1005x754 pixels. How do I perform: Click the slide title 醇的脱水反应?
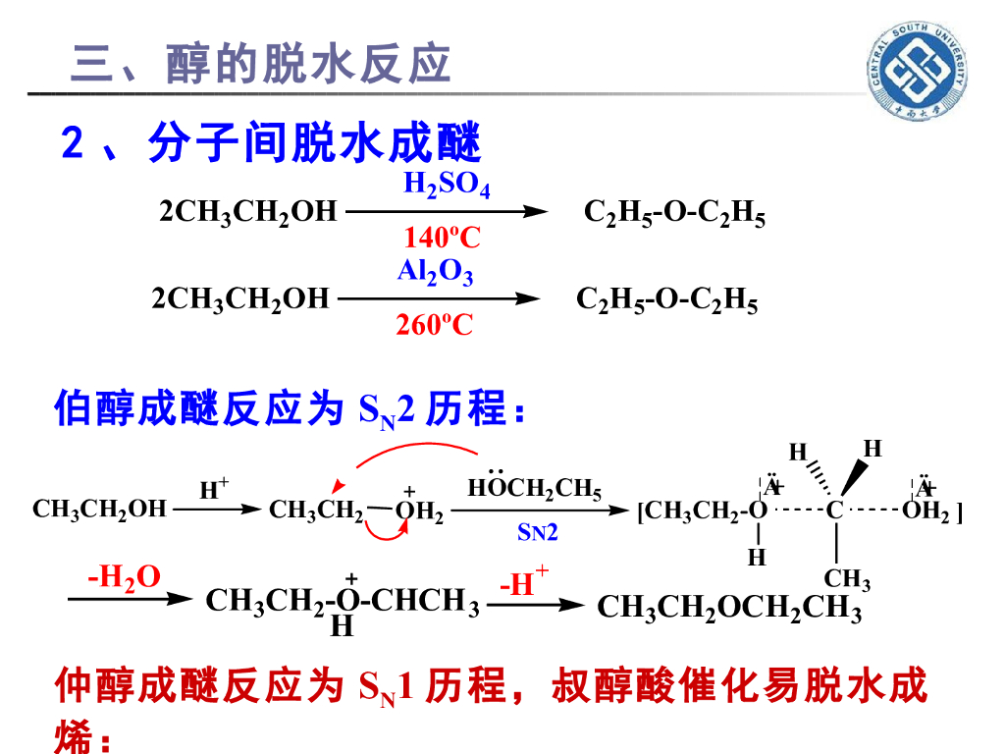click(x=260, y=65)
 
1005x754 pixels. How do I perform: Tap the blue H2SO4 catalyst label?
click(x=447, y=186)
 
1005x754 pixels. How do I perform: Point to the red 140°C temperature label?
click(x=442, y=238)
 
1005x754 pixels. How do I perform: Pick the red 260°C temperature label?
click(x=434, y=325)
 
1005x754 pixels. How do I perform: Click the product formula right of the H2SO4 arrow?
click(x=674, y=213)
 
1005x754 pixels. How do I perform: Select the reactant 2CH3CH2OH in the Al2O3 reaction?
click(x=240, y=299)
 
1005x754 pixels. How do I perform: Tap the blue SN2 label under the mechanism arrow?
click(x=537, y=533)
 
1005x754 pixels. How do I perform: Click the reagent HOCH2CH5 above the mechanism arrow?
click(x=534, y=489)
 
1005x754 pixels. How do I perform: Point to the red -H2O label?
click(x=124, y=577)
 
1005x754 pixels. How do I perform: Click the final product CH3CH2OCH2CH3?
click(x=729, y=609)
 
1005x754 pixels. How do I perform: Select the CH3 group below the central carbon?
click(x=846, y=580)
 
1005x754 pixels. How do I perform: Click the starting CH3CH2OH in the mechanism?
click(x=99, y=509)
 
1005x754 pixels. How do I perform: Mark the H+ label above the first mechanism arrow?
click(x=214, y=488)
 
